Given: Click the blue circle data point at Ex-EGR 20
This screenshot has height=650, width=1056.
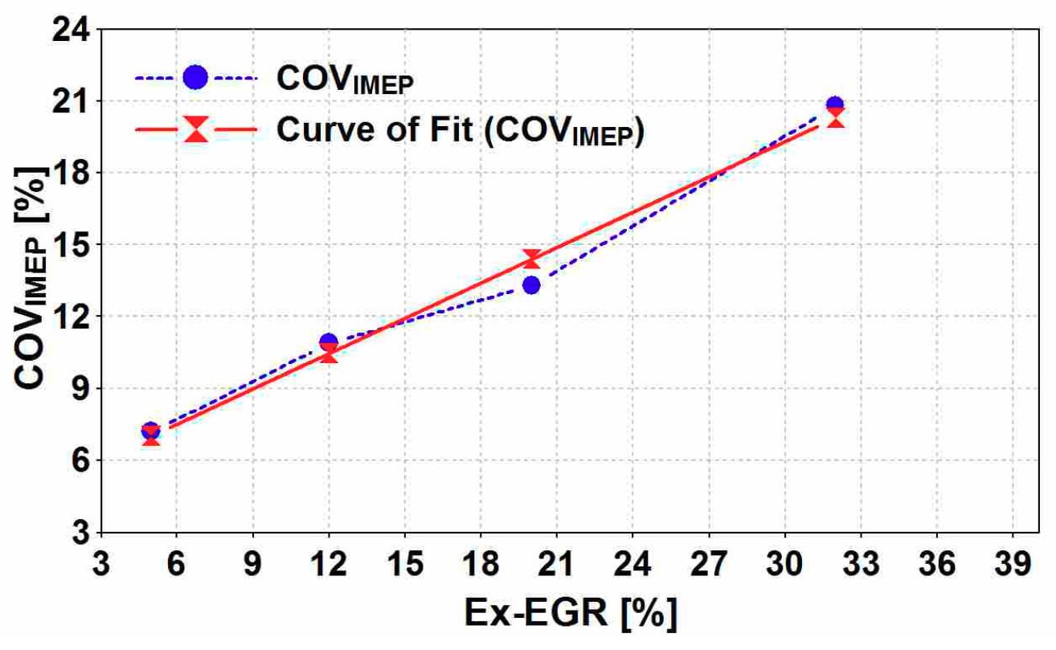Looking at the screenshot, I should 531,284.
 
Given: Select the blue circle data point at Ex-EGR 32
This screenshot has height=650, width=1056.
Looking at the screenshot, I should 835,105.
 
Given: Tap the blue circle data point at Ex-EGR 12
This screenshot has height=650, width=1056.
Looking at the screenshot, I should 329,342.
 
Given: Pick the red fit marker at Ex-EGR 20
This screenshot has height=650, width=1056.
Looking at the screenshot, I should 531,259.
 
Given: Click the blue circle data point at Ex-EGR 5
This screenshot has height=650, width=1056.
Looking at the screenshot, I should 151,431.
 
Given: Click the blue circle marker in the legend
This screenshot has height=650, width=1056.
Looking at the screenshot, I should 195,77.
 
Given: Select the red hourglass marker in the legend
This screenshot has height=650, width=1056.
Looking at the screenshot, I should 195,129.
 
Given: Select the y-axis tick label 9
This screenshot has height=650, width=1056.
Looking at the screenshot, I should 84,388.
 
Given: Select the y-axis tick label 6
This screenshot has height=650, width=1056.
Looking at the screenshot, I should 84,460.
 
